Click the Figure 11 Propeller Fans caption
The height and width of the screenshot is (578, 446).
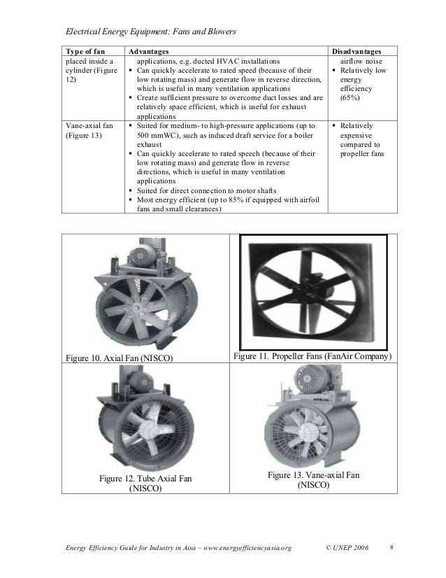(312, 358)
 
